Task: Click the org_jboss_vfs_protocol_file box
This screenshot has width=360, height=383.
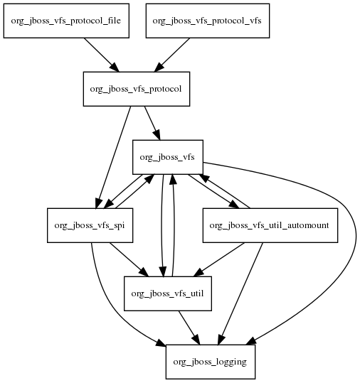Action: pos(66,21)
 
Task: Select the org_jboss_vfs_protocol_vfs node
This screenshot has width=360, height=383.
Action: pos(208,21)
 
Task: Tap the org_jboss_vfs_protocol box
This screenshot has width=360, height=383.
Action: pos(137,89)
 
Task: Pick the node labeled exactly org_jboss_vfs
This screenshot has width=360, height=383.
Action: pos(168,157)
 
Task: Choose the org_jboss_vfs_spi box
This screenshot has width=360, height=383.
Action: pos(90,225)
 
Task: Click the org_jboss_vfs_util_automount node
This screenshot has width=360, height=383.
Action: pos(270,225)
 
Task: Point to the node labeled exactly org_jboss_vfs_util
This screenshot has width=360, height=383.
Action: pos(168,293)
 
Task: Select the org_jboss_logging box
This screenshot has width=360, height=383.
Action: pos(211,362)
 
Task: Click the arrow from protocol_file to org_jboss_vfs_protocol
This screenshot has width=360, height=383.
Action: pos(102,55)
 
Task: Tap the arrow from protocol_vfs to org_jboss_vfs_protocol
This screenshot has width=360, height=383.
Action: pos(172,55)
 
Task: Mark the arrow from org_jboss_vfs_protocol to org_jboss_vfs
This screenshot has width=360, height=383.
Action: pos(152,123)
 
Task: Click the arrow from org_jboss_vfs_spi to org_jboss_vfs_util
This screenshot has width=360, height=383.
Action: pos(129,259)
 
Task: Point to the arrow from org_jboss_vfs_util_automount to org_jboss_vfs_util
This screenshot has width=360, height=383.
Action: pos(219,259)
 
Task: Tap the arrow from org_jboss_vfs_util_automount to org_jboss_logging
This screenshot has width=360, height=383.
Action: pos(240,293)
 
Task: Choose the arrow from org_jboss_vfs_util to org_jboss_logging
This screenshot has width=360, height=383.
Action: pos(189,328)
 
